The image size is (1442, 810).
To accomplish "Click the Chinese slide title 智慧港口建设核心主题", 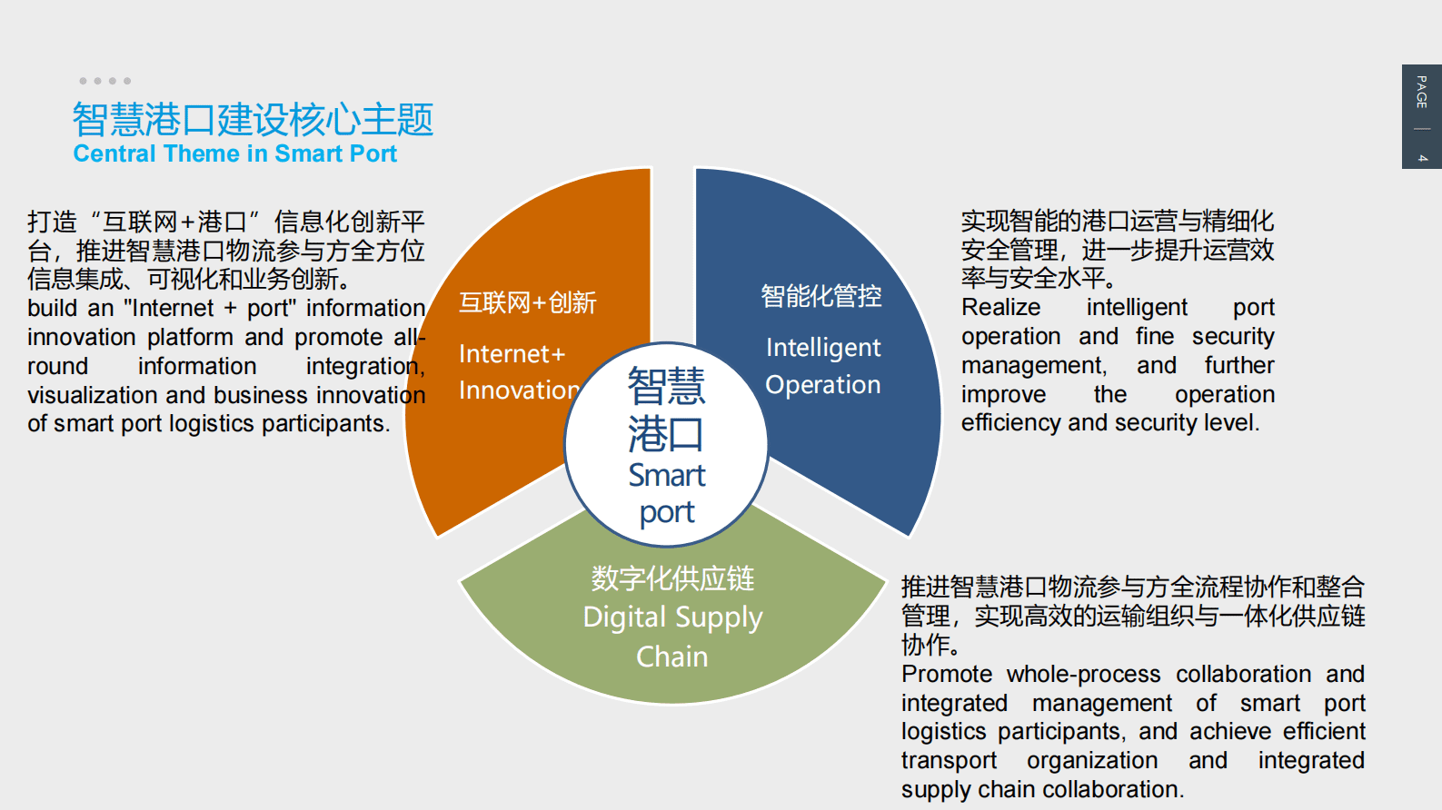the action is pyautogui.click(x=253, y=119).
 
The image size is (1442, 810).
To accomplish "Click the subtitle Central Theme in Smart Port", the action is pyautogui.click(x=235, y=153).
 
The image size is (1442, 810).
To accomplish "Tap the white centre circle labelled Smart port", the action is pyautogui.click(x=666, y=445).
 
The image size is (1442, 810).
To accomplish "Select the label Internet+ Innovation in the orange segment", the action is pyautogui.click(x=519, y=372).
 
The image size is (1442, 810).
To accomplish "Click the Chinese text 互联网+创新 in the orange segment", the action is pyautogui.click(x=527, y=302).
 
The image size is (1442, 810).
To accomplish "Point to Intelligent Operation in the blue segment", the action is pyautogui.click(x=822, y=365).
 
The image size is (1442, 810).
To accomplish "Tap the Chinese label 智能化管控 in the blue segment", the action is pyautogui.click(x=820, y=296).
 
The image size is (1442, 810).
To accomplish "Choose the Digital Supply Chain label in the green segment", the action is pyautogui.click(x=672, y=637).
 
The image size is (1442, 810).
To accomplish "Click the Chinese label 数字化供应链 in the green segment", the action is pyautogui.click(x=672, y=578).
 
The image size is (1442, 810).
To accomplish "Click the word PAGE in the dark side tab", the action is pyautogui.click(x=1422, y=92).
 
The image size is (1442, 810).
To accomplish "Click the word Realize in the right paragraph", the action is pyautogui.click(x=1001, y=307).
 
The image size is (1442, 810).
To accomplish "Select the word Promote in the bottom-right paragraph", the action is pyautogui.click(x=947, y=674).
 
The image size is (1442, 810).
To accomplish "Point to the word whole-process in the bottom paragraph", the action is pyautogui.click(x=1083, y=674).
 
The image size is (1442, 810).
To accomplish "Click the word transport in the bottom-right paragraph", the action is pyautogui.click(x=949, y=760).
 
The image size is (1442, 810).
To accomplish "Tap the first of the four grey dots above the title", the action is pyautogui.click(x=83, y=81).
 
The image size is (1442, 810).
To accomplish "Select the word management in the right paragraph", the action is pyautogui.click(x=1034, y=365).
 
